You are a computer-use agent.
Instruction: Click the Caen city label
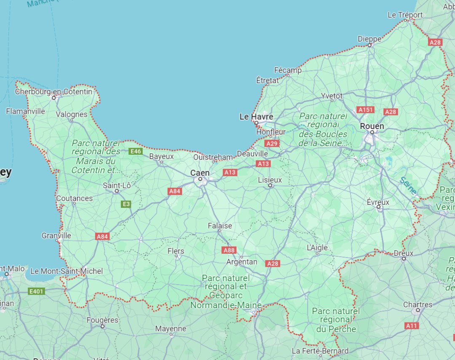(x=200, y=173)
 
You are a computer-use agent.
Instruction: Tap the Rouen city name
(x=372, y=126)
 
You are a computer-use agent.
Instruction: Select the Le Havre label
(x=256, y=116)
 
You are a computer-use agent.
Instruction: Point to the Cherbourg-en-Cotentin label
(x=54, y=91)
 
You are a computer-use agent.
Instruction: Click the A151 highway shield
(x=365, y=110)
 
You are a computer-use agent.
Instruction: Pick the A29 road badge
(x=272, y=143)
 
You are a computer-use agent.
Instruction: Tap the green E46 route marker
(x=136, y=151)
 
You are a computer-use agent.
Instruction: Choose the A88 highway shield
(x=229, y=250)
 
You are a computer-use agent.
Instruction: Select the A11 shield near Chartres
(x=412, y=325)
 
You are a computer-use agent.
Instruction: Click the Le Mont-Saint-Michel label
(x=67, y=271)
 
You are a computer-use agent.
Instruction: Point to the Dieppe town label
(x=369, y=39)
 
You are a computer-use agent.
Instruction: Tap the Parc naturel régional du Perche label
(x=336, y=320)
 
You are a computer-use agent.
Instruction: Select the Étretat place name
(x=268, y=80)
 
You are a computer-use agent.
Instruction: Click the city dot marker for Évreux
(x=378, y=207)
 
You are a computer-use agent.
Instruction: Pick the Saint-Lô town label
(x=117, y=185)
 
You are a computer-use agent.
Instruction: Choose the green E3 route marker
(x=126, y=204)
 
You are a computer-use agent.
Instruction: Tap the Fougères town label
(x=102, y=320)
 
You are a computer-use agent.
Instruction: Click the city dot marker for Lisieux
(x=270, y=185)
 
